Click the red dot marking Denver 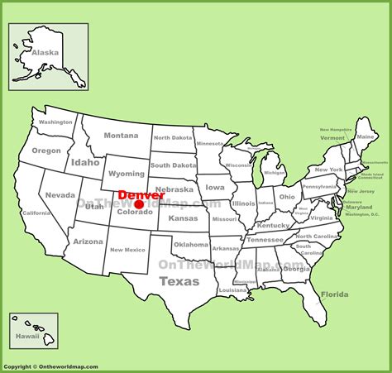point(139,204)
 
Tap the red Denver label point(141,195)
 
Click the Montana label point(121,136)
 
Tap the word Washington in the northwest point(56,122)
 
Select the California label point(37,213)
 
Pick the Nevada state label point(60,195)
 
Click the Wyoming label point(127,174)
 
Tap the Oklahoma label point(191,244)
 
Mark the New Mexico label point(128,249)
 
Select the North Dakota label point(172,137)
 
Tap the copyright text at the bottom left point(51,366)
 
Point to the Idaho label point(85,162)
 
